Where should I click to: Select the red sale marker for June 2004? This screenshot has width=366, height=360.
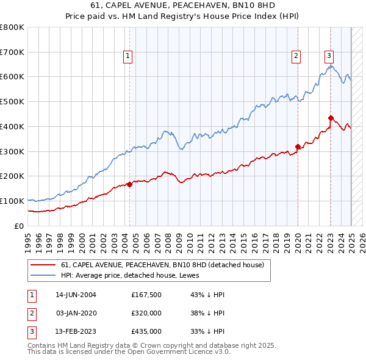[x=130, y=184]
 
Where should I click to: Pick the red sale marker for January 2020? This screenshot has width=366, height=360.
[x=298, y=146]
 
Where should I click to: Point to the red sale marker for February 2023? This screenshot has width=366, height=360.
[x=331, y=118]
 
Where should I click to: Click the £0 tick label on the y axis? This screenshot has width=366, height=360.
[x=18, y=226]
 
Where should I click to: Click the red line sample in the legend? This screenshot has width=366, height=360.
[x=43, y=265]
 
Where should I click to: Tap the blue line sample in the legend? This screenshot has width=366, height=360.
[x=43, y=275]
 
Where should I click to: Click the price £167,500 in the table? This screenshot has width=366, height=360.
[x=146, y=295]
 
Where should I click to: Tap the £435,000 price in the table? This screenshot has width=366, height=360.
[x=146, y=332]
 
